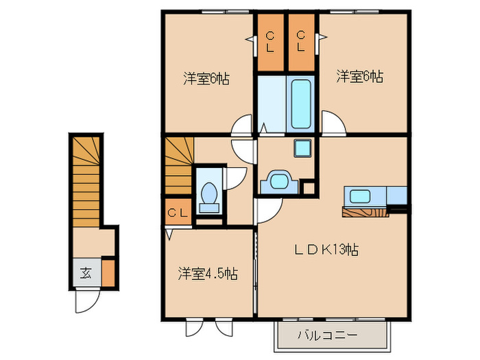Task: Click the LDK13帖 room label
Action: (327, 249)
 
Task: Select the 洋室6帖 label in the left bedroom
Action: (206, 78)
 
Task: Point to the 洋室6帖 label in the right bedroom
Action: (359, 77)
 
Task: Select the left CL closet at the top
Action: (270, 43)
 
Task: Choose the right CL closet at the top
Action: (302, 43)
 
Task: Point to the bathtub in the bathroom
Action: (301, 104)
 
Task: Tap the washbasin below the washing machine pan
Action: (278, 181)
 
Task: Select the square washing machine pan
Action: (302, 148)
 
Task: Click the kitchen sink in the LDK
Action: (361, 195)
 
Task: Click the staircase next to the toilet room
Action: (178, 166)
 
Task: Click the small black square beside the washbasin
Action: (308, 187)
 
